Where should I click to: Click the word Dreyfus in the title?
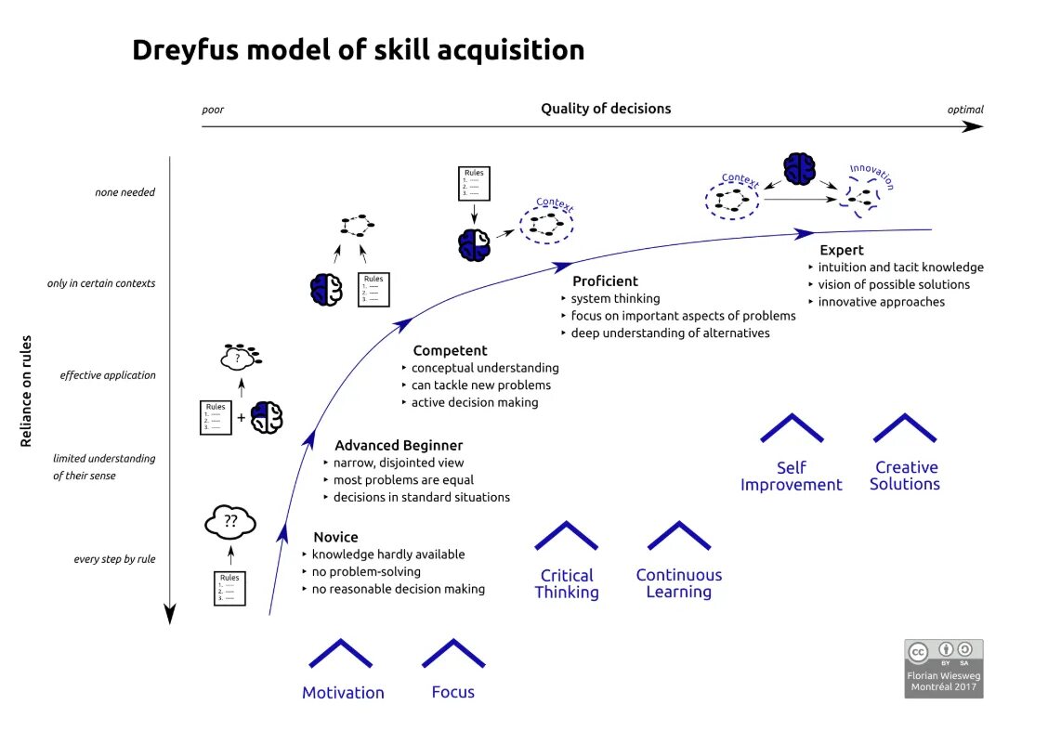(184, 50)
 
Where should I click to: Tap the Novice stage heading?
(335, 537)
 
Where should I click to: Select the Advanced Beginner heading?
(398, 446)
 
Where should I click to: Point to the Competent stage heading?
(450, 351)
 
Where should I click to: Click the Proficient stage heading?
(605, 281)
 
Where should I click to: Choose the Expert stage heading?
(841, 250)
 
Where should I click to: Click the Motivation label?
(343, 693)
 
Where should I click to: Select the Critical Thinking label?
(567, 583)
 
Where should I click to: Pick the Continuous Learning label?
(678, 583)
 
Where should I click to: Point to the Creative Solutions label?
(905, 476)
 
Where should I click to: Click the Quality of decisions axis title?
(606, 109)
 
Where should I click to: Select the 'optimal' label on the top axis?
(965, 110)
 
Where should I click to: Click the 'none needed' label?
(124, 193)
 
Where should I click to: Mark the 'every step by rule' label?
(114, 559)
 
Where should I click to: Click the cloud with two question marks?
(229, 522)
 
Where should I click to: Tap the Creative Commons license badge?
(944, 668)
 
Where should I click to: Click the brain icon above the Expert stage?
(799, 169)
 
